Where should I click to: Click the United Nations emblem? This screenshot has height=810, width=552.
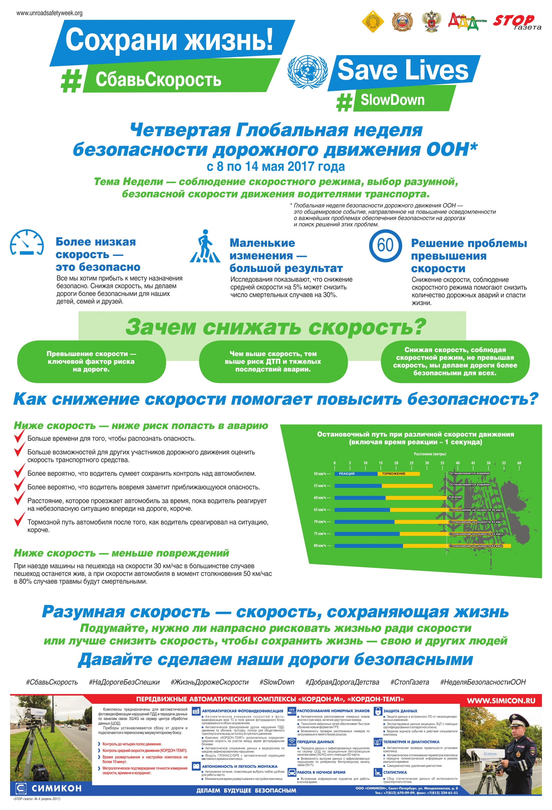[307, 72]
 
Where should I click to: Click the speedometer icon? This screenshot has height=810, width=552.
[27, 243]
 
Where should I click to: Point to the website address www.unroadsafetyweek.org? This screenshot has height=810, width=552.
[50, 13]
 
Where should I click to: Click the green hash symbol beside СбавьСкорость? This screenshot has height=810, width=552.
[72, 81]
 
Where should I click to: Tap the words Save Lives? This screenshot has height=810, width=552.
[403, 70]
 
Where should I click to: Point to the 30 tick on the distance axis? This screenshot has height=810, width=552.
[427, 463]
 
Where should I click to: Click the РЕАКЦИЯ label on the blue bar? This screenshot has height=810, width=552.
[346, 474]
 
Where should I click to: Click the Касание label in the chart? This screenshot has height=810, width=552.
[455, 497]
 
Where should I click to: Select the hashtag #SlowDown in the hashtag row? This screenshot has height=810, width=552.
[277, 682]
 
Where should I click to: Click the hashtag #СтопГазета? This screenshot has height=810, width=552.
[409, 682]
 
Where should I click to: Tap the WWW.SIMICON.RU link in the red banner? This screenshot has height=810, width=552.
[501, 701]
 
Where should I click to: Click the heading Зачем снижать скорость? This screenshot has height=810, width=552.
[276, 327]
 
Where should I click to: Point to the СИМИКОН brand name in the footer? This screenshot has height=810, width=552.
[56, 788]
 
